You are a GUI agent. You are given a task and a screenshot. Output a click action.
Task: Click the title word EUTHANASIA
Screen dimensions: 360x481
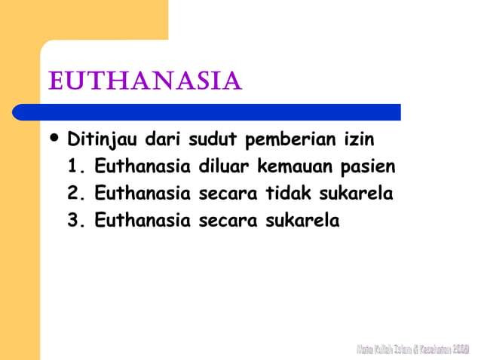click(145, 80)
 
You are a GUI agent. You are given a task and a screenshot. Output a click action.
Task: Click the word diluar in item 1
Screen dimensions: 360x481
click(223, 167)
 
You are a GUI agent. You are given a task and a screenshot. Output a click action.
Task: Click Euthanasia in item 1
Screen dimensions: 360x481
click(142, 167)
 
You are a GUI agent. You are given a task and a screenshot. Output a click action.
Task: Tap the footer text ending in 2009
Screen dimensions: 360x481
click(412, 349)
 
